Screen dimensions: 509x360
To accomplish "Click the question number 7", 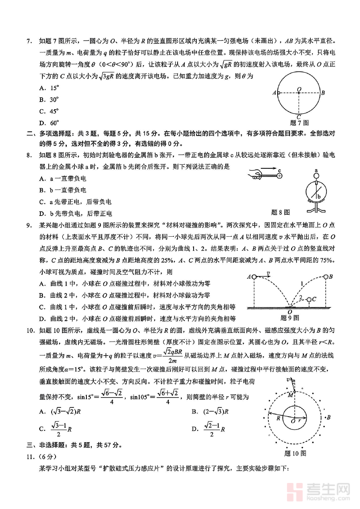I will click(28, 41).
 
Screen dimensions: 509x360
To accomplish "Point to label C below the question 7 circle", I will click(298, 117).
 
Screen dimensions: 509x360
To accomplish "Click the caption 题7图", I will click(299, 123).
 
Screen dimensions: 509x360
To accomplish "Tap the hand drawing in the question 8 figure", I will click(255, 174).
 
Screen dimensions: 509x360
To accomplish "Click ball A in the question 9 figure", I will click(254, 277).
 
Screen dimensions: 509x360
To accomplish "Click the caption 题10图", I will click(295, 453).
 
